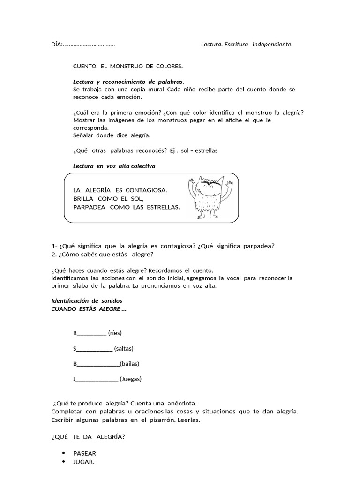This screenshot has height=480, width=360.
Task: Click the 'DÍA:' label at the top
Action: (57, 45)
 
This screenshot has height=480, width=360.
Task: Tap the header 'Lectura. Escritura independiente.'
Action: (247, 45)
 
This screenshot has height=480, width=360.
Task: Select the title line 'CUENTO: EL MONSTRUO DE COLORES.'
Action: (128, 67)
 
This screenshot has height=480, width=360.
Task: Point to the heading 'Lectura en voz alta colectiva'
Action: (114, 166)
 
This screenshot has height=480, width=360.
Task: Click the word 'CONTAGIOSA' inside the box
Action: (147, 190)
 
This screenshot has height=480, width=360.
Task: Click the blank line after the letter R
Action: (91, 334)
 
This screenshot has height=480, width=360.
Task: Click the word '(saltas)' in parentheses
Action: (124, 348)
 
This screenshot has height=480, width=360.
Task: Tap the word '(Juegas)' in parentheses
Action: (130, 379)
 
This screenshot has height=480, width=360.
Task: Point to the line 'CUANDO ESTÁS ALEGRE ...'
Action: (89, 309)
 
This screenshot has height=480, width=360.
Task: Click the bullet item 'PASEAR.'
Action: (85, 453)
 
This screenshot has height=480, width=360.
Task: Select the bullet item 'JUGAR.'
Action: (84, 462)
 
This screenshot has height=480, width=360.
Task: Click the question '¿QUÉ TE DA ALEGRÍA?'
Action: (88, 437)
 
